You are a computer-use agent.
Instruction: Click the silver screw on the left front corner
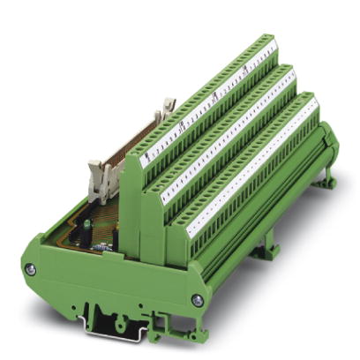(32, 270)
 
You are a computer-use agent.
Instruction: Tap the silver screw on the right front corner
(196, 301)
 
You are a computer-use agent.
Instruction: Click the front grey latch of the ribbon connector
(96, 171)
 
